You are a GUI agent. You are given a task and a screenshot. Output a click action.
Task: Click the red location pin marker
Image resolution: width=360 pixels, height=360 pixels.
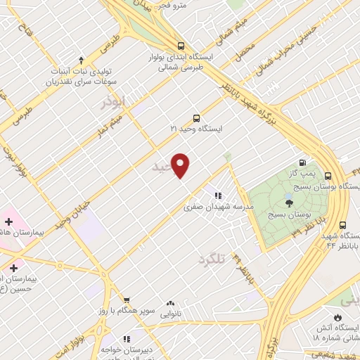(181, 165)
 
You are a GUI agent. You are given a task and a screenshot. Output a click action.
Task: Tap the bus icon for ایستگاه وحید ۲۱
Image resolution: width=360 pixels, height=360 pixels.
(196, 118)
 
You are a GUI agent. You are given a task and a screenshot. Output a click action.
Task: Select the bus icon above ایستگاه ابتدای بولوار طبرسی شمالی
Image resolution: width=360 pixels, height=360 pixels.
(181, 42)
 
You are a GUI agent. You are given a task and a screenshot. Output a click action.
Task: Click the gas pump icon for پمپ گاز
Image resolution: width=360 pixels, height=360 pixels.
(303, 161)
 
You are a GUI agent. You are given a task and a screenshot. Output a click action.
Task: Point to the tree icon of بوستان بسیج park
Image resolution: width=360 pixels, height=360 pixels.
(290, 202)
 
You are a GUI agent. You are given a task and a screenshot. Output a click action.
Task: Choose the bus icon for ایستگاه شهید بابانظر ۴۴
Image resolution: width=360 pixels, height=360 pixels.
(342, 225)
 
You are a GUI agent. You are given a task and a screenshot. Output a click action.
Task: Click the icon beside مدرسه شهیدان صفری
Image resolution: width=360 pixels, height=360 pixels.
(218, 195)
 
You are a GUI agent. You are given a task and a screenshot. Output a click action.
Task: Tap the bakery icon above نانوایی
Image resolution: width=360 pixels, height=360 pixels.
(170, 304)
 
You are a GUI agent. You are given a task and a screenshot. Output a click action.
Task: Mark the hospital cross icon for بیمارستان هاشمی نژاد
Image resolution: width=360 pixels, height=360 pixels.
(8, 221)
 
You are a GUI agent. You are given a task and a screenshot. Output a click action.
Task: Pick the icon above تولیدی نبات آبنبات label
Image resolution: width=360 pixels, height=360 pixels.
(81, 60)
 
